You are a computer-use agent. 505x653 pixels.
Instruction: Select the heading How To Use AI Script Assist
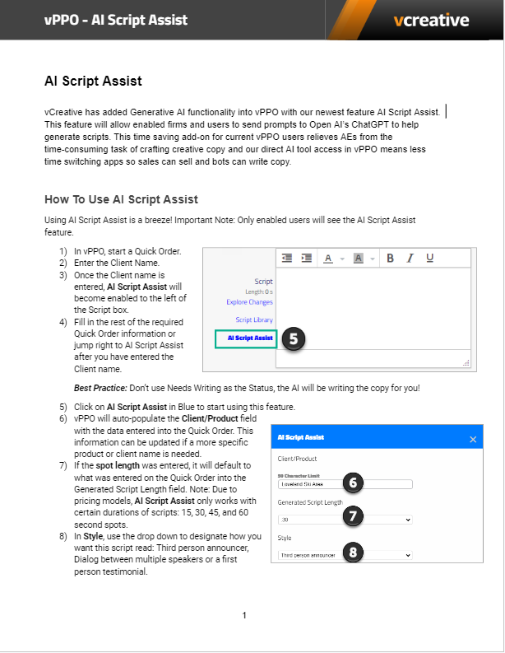coord(121,199)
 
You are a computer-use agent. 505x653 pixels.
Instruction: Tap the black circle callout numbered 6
coord(351,483)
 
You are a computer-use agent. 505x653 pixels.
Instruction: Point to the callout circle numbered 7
coord(351,517)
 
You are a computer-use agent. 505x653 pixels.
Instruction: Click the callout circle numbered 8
coord(351,553)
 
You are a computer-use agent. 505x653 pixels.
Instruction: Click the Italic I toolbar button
coord(410,258)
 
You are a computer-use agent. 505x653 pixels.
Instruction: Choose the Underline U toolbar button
coord(429,258)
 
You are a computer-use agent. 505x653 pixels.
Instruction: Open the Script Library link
coord(254,320)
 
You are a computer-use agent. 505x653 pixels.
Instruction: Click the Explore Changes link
coord(249,302)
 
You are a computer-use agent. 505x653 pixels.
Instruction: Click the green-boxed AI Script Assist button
coord(246,338)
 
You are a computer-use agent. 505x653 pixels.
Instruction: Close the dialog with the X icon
coord(473,439)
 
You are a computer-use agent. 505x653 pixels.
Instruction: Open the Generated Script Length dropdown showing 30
coord(344,520)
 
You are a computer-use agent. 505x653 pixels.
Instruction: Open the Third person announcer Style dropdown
coord(344,555)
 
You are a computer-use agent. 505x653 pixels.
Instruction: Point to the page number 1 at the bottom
coord(244,615)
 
